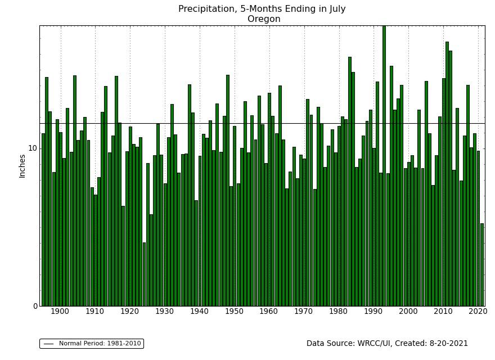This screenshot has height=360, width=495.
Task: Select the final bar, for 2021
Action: point(481,264)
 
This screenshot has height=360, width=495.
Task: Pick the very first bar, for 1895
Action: point(43,219)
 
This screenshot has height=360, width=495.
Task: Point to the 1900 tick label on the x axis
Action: point(60,311)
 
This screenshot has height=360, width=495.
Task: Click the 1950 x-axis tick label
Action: point(235,311)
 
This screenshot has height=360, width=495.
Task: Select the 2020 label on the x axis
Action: point(478,311)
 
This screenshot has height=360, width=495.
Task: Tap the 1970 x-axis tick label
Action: point(304,311)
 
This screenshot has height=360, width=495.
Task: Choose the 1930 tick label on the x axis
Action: point(165,311)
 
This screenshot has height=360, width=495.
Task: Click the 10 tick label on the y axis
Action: point(32,148)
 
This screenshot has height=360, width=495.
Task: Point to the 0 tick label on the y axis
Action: point(35,306)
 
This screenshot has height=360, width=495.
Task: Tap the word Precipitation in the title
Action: point(206,9)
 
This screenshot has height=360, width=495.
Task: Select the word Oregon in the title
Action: point(264,19)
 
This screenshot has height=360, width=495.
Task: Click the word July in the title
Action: point(335,9)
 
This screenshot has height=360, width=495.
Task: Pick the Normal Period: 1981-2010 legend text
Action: point(100,344)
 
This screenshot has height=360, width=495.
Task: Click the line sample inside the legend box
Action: point(48,344)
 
